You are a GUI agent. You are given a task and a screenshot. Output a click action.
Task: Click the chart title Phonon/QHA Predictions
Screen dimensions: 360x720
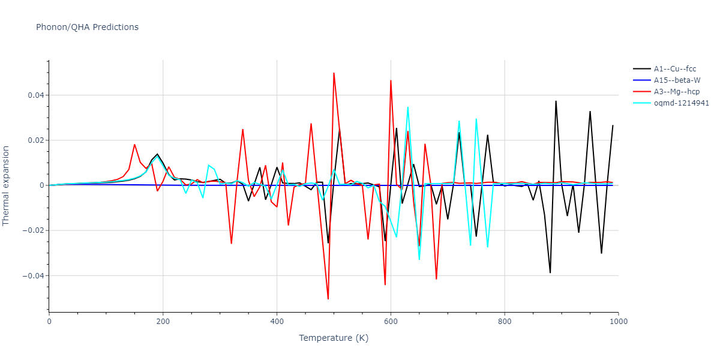point(87,27)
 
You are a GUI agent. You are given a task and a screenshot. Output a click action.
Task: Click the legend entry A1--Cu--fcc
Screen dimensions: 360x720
point(675,69)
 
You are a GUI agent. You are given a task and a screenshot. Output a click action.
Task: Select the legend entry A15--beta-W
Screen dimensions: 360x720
point(677,80)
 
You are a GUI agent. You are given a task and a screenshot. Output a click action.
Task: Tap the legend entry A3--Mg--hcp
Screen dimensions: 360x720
point(676,92)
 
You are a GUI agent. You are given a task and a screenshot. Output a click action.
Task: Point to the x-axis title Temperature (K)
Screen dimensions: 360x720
point(334,338)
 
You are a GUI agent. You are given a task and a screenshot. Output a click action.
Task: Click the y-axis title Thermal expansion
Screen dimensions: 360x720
point(7,185)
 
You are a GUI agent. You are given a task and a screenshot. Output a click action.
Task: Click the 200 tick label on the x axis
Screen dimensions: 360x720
point(163,322)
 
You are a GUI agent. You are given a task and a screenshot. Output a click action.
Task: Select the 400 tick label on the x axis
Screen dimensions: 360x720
point(277,322)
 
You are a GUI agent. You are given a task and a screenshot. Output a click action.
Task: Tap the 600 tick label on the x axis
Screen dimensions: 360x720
point(391,322)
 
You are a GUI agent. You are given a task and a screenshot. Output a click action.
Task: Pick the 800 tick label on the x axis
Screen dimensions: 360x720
point(505,322)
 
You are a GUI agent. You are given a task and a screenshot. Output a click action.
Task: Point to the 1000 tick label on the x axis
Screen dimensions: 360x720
point(618,322)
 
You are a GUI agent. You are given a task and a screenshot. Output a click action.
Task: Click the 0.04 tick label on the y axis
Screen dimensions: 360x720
point(35,95)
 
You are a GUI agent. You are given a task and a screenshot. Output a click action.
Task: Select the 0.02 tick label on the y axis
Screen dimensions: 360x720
point(35,140)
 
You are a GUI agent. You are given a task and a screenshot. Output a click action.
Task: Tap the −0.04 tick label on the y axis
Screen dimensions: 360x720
point(32,276)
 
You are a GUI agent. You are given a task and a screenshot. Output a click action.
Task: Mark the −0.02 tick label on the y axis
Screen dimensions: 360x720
point(32,231)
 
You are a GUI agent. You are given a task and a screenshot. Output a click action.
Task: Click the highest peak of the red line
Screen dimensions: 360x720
point(334,73)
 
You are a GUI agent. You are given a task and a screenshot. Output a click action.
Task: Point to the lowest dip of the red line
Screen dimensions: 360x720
point(328,299)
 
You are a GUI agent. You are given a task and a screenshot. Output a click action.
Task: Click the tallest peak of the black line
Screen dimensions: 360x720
point(556,101)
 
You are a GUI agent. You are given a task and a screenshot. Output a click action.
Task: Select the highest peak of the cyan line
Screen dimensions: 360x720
point(408,107)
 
